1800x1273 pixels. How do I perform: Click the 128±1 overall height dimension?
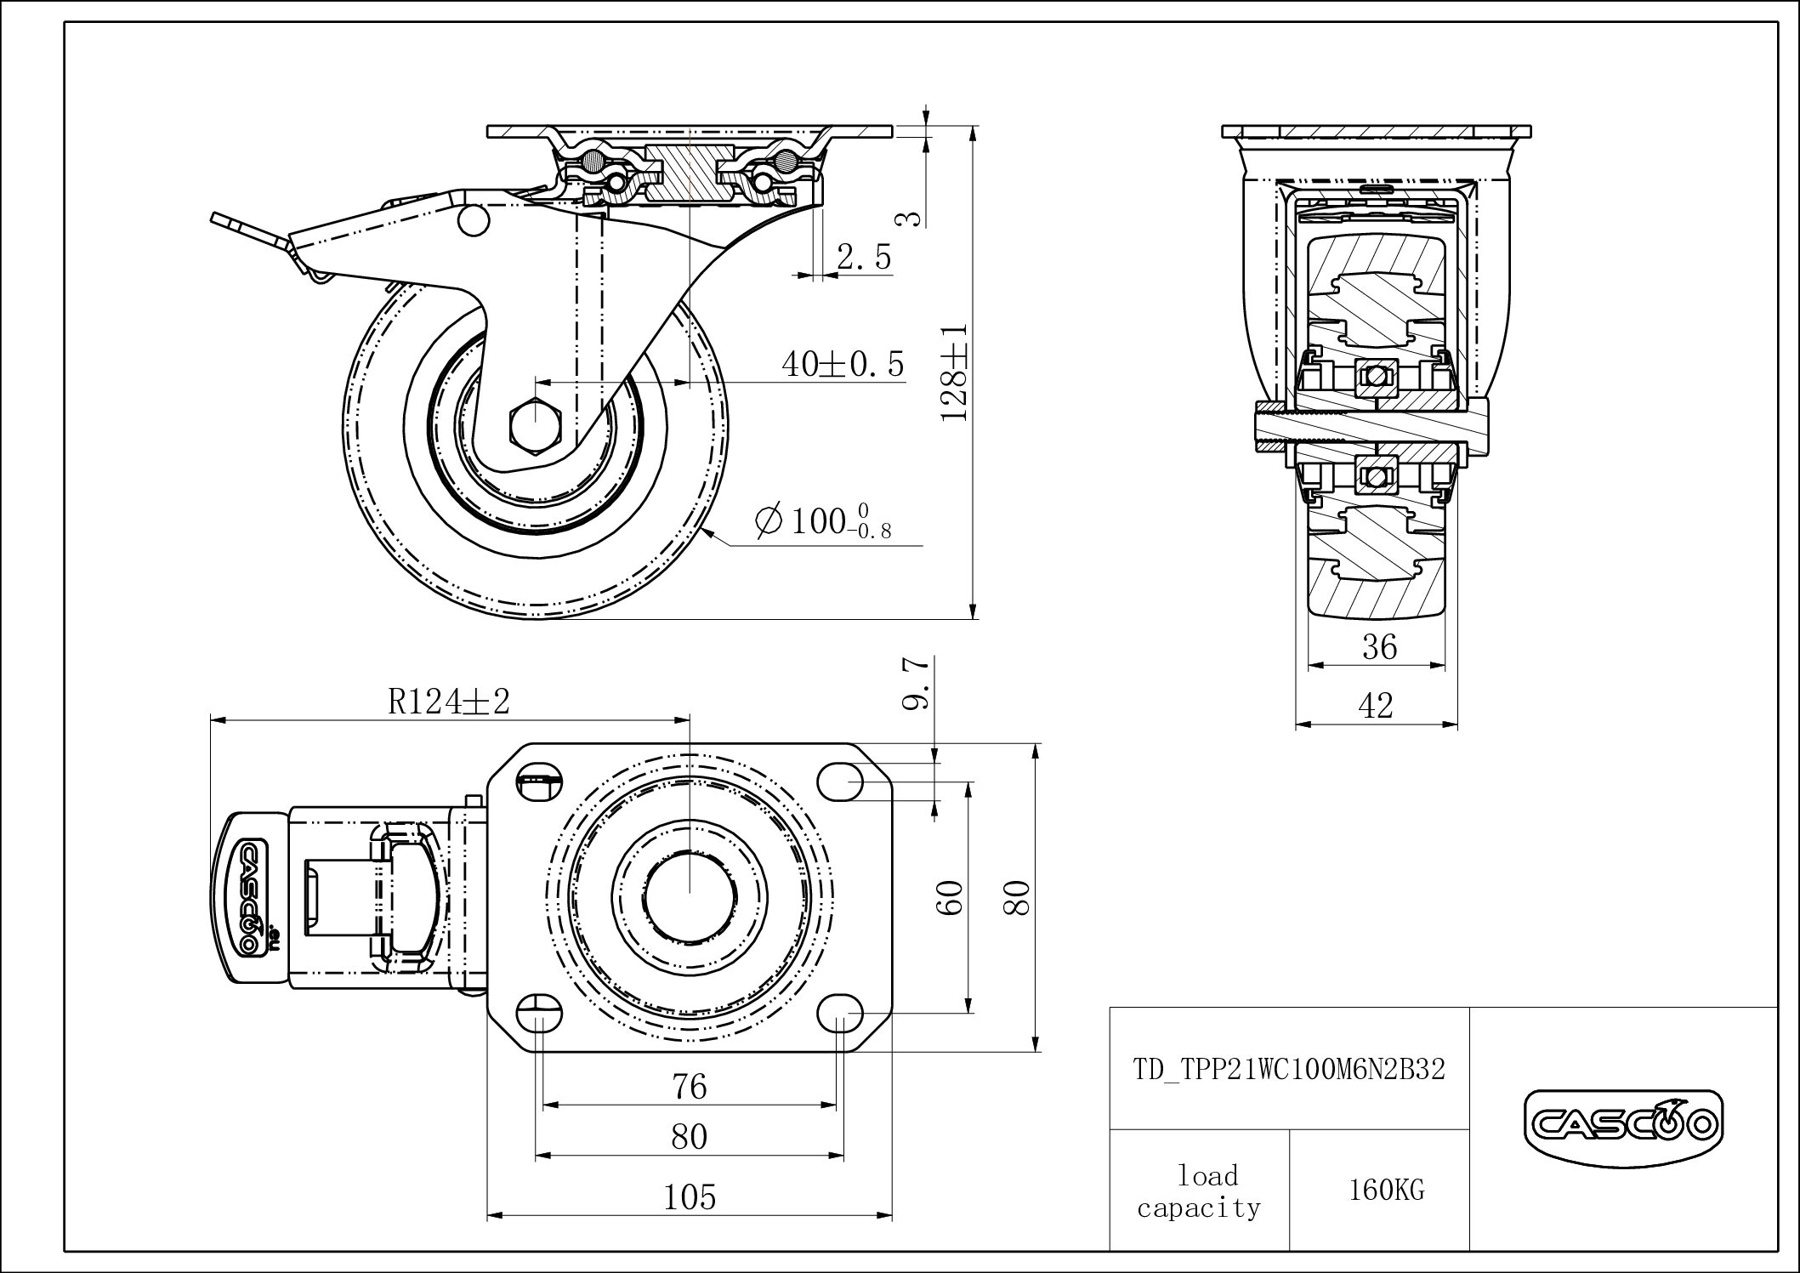coord(956,372)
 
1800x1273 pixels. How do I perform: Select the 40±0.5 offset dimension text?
coord(842,364)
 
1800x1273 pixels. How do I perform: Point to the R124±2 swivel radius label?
coord(448,702)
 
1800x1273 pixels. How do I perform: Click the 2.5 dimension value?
coord(863,257)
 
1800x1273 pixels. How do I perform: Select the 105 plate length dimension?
coord(689,1197)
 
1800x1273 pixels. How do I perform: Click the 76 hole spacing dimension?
coord(689,1087)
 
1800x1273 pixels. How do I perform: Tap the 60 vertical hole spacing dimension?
coord(952,897)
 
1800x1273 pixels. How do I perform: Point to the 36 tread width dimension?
coord(1378,648)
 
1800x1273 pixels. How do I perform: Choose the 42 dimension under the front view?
coord(1377,705)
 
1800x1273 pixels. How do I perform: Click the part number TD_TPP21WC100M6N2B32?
coord(1289,1069)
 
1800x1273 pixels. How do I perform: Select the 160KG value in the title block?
coord(1385,1190)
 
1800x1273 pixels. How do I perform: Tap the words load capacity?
coord(1199,1191)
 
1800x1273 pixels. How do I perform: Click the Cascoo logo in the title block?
coord(1623,1125)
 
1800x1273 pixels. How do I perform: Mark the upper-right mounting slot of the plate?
coord(840,781)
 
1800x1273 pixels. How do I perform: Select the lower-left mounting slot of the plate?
coord(539,1014)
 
